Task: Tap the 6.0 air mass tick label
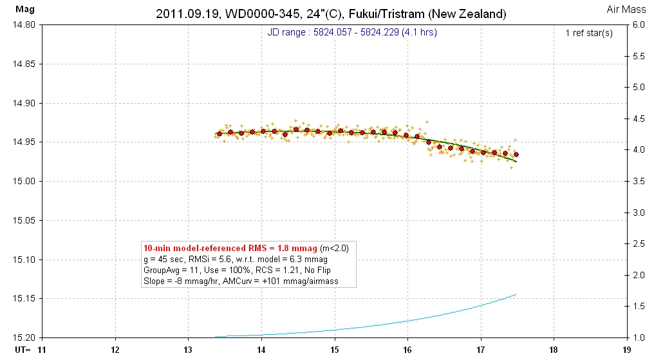[x=639, y=25]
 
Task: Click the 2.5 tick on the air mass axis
[x=639, y=244]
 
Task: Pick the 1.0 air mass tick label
[x=639, y=337]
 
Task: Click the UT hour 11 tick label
[x=42, y=350]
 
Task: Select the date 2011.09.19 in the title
[x=183, y=14]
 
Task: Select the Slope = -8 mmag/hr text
[x=180, y=281]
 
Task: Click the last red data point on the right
[x=516, y=155]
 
